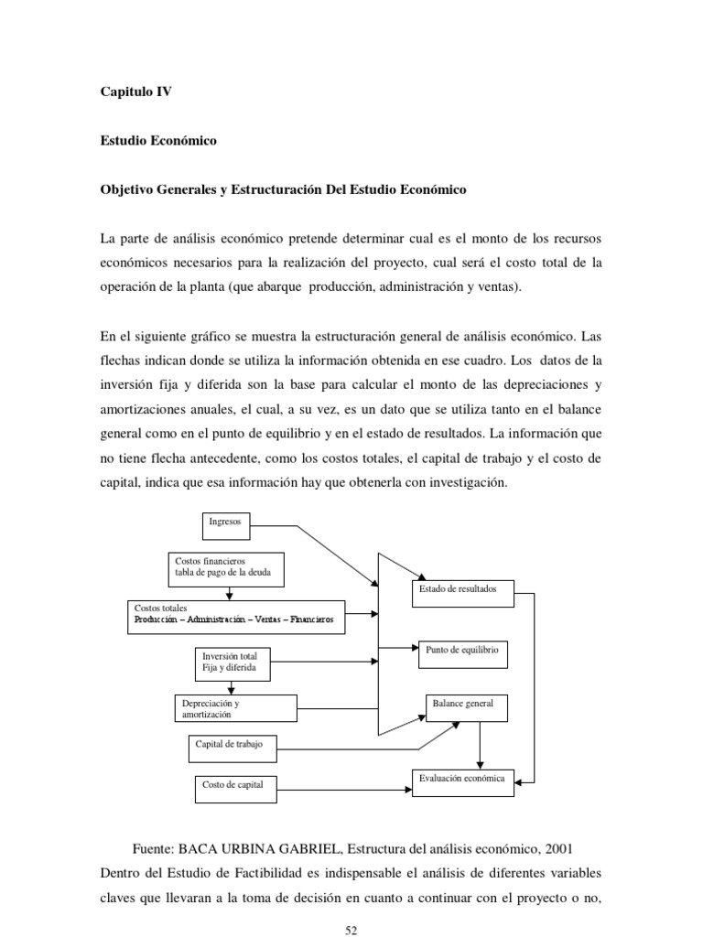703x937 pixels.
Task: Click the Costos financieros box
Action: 226,569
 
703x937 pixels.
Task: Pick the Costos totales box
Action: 235,615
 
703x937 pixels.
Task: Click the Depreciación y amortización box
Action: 235,707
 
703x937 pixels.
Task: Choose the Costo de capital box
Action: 234,785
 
